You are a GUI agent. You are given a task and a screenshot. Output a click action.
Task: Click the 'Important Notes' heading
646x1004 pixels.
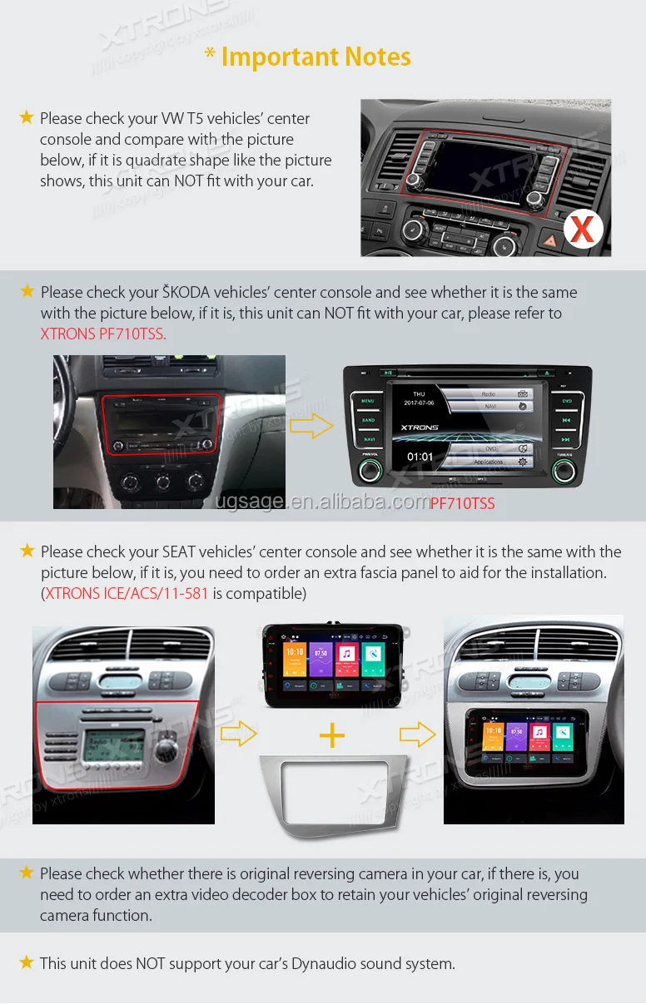[x=308, y=57]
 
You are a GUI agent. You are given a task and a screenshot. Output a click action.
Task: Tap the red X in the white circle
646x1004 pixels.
[x=583, y=229]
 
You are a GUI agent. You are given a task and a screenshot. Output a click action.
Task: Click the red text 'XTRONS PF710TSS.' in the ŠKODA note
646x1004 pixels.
[x=103, y=334]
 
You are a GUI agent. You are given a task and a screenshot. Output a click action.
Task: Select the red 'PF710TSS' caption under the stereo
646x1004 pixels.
[x=462, y=503]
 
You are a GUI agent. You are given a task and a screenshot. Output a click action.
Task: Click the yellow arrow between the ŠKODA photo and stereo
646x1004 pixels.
[x=311, y=427]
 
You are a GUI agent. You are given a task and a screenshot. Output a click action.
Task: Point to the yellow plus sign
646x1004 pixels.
[x=332, y=734]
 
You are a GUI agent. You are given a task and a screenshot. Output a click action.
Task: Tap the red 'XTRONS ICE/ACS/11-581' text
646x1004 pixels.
[x=126, y=594]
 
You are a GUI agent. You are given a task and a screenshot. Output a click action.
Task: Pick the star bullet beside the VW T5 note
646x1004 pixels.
[x=27, y=117]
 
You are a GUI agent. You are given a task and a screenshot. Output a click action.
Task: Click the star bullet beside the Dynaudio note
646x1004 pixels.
[x=27, y=962]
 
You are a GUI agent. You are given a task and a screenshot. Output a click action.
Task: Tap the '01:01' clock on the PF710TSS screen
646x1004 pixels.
[x=420, y=457]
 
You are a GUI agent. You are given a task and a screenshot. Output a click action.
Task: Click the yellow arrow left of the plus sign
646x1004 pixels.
[x=238, y=733]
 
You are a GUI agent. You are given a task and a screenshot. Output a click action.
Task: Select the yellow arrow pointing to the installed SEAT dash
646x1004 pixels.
[x=417, y=734]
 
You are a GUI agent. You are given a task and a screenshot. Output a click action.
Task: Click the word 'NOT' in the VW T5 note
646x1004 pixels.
[x=188, y=181]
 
